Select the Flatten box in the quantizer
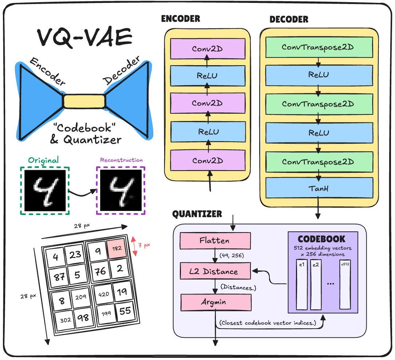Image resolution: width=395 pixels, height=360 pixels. click(x=215, y=241)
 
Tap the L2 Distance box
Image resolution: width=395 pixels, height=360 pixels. click(x=215, y=271)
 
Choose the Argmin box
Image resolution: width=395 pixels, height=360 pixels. click(x=216, y=302)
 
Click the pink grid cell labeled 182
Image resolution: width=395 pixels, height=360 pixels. click(x=116, y=248)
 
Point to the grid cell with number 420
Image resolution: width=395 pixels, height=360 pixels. click(x=104, y=294)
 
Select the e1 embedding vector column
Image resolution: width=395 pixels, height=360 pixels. click(x=302, y=284)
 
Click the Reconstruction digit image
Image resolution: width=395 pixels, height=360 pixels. click(x=121, y=190)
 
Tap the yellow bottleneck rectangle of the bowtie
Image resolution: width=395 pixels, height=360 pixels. click(x=84, y=101)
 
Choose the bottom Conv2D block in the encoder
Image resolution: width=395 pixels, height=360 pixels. click(x=208, y=161)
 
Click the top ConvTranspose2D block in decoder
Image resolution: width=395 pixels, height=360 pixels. click(x=319, y=47)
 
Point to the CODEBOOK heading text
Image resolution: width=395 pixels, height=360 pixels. click(x=321, y=239)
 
